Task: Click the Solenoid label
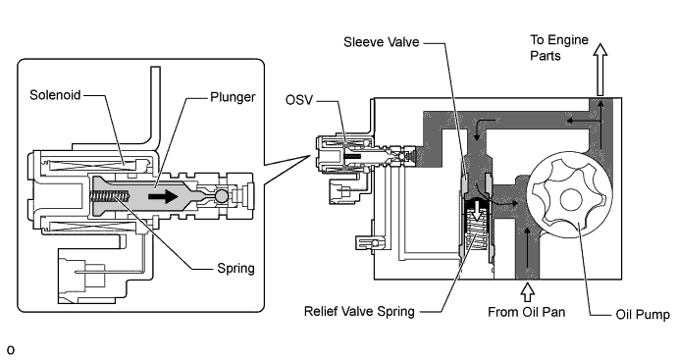[x=55, y=94]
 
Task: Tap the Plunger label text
[x=233, y=97]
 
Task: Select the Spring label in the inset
[x=235, y=268]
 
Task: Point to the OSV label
[x=299, y=100]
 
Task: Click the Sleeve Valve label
[x=382, y=42]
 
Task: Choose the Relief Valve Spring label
[x=359, y=311]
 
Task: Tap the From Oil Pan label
[x=526, y=312]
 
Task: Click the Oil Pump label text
[x=643, y=315]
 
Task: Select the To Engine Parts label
[x=559, y=47]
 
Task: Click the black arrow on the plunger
[x=163, y=197]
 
